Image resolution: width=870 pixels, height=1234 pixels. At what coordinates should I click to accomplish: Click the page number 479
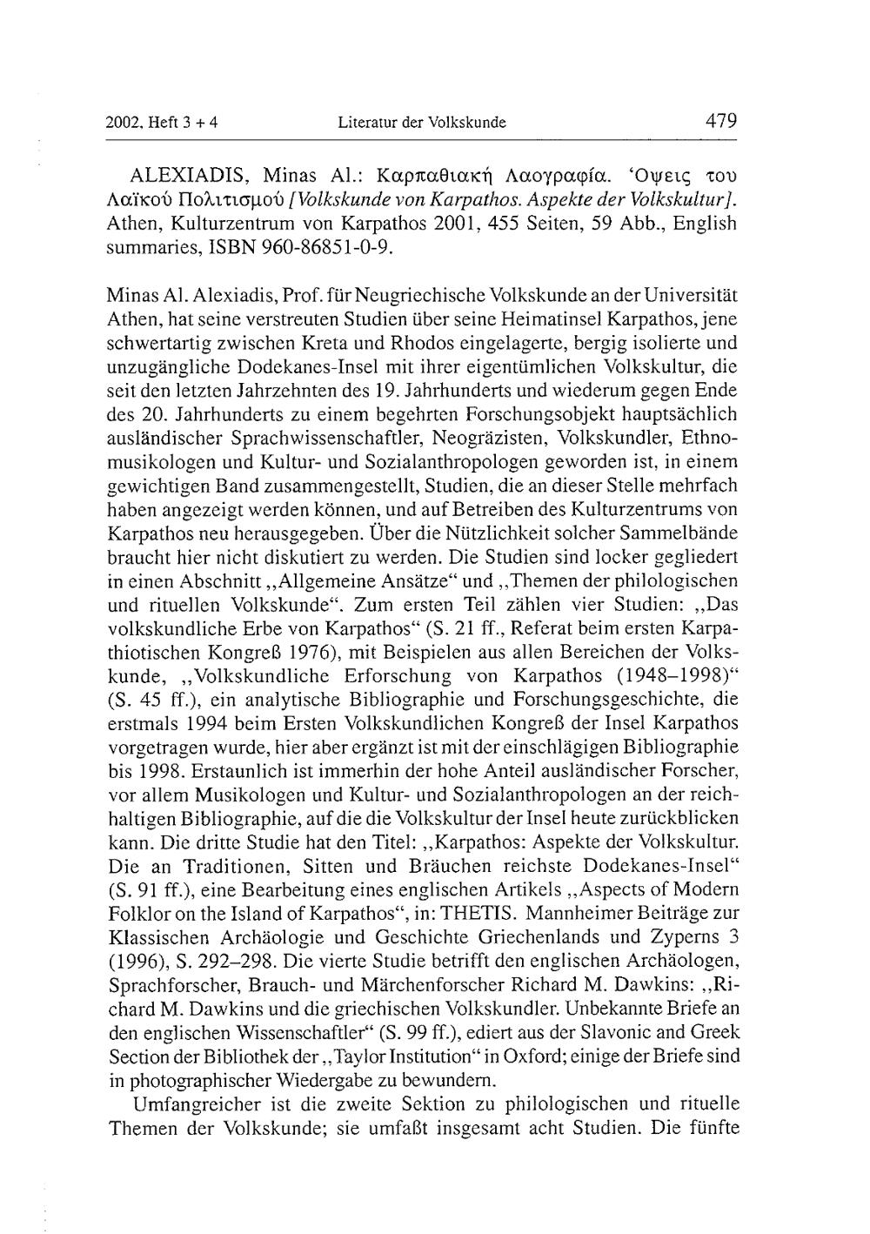pyautogui.click(x=721, y=121)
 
